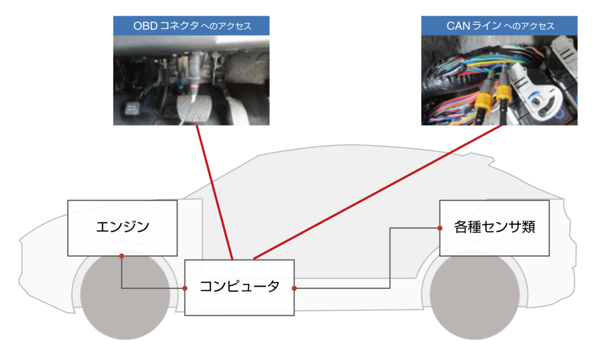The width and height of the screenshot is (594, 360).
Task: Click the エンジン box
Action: click(122, 228)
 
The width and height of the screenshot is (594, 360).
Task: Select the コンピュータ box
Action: click(239, 287)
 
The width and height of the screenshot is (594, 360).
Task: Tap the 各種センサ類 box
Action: click(494, 228)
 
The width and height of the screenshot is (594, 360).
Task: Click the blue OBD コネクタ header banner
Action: click(191, 26)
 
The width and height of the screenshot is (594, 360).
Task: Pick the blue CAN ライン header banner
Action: click(499, 26)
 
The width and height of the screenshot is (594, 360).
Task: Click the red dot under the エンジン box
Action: click(121, 256)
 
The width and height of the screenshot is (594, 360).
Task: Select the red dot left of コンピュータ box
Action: click(185, 288)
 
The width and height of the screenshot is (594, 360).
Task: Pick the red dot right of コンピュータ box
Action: click(294, 288)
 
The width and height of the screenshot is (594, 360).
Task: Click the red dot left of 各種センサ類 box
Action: click(439, 228)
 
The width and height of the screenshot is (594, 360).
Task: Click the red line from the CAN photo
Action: click(379, 192)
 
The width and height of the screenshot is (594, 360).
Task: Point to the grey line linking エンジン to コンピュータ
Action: click(121, 277)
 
